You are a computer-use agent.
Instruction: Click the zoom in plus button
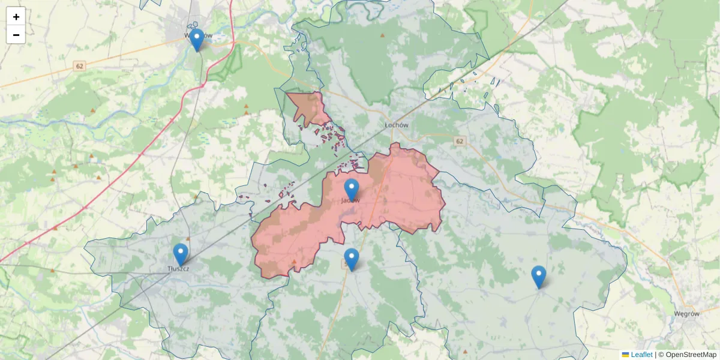pos(16,17)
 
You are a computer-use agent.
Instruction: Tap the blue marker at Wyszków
pos(196,40)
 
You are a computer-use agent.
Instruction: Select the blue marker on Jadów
pos(351,190)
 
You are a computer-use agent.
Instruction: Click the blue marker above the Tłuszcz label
pos(180,254)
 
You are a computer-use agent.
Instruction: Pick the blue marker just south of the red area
pos(352,259)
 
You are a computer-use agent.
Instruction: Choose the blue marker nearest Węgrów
pos(539,277)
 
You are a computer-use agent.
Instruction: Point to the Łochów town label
pos(396,125)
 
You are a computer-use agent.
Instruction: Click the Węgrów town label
pos(686,313)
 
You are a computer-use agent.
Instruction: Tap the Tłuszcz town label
pos(179,268)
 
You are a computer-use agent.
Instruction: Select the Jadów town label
pos(350,200)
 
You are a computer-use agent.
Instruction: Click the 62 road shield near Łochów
pos(460,141)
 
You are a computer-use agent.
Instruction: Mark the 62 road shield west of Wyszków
pos(79,65)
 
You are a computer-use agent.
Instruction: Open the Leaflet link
pos(641,355)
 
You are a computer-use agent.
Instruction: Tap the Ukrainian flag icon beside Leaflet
pos(625,355)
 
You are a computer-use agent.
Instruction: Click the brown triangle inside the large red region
pos(293,262)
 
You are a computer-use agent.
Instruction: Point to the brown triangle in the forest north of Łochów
pos(382,36)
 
